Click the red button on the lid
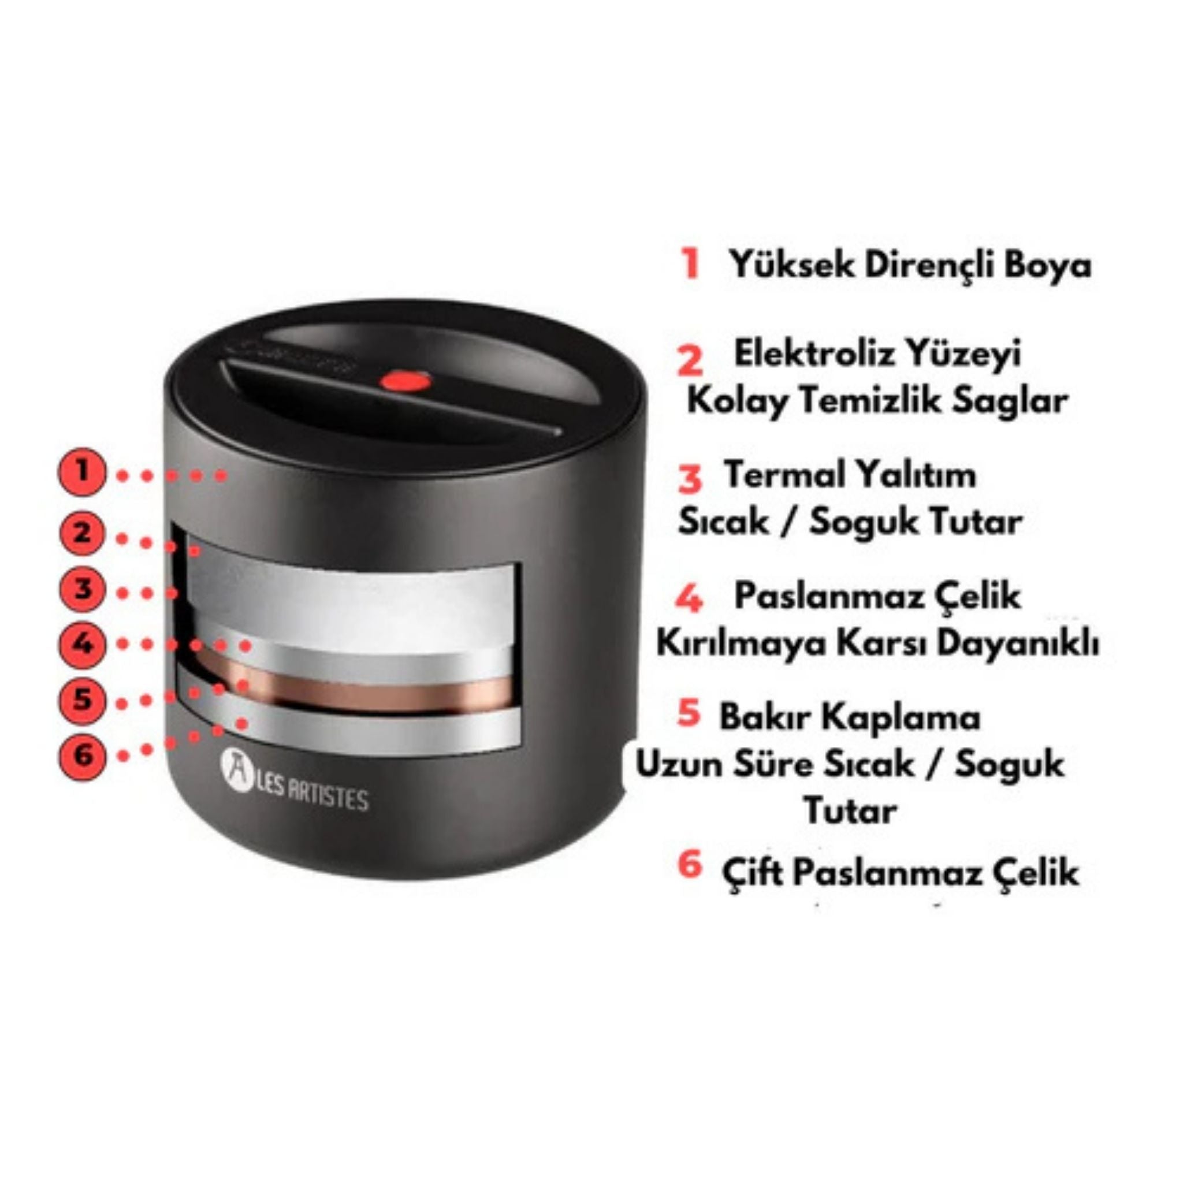click(x=405, y=381)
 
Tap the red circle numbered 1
click(x=82, y=472)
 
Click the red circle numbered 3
click(x=82, y=590)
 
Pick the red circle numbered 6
click(x=82, y=755)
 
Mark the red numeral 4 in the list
click(x=690, y=598)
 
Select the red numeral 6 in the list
click(x=690, y=865)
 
